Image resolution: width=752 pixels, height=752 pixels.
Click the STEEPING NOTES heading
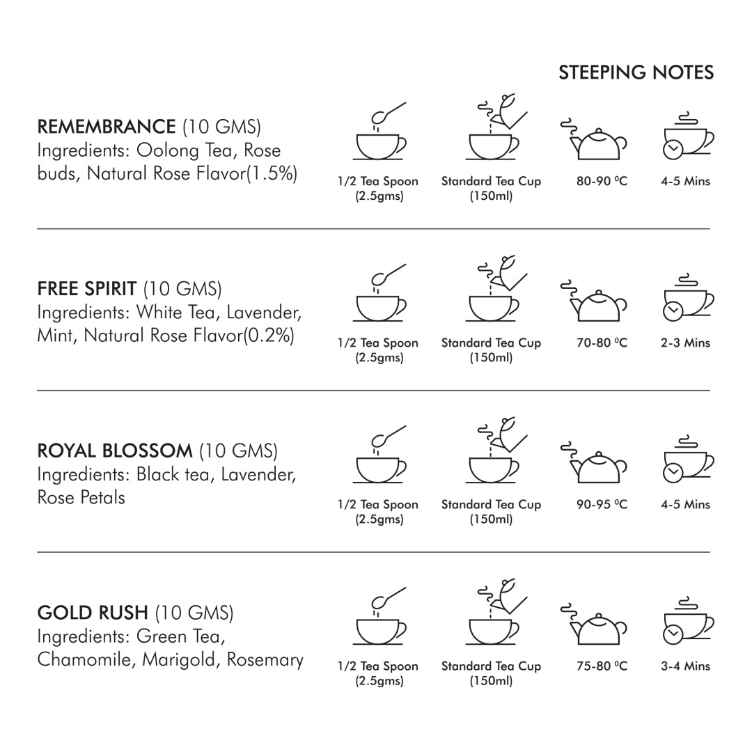(x=636, y=72)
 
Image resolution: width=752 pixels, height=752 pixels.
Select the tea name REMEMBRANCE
(x=106, y=127)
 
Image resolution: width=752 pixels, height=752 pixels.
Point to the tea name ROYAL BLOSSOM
(x=114, y=451)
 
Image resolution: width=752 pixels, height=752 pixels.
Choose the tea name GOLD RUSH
(x=93, y=613)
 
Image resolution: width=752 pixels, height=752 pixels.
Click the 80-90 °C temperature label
(x=602, y=181)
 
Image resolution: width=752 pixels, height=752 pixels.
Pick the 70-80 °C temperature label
(x=602, y=343)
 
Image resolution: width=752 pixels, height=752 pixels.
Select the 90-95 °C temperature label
(x=602, y=504)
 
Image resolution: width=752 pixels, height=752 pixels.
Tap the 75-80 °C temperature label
(x=602, y=666)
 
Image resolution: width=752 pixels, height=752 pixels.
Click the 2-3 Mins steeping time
(x=685, y=343)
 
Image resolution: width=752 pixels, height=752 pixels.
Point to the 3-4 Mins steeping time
(x=685, y=666)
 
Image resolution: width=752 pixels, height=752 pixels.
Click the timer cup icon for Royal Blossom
(x=685, y=460)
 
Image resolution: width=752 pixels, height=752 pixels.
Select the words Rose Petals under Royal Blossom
(x=81, y=497)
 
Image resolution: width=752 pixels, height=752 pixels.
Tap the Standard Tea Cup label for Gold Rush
(x=491, y=666)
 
